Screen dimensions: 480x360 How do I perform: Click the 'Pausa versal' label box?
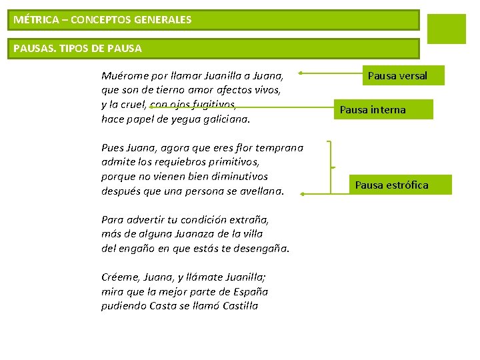click(x=397, y=76)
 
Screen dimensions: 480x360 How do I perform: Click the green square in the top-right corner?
click(x=446, y=29)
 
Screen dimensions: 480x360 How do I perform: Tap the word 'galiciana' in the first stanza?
click(x=226, y=119)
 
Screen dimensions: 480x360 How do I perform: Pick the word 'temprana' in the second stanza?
click(x=281, y=148)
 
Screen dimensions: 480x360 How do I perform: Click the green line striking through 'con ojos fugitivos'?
click(x=193, y=105)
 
